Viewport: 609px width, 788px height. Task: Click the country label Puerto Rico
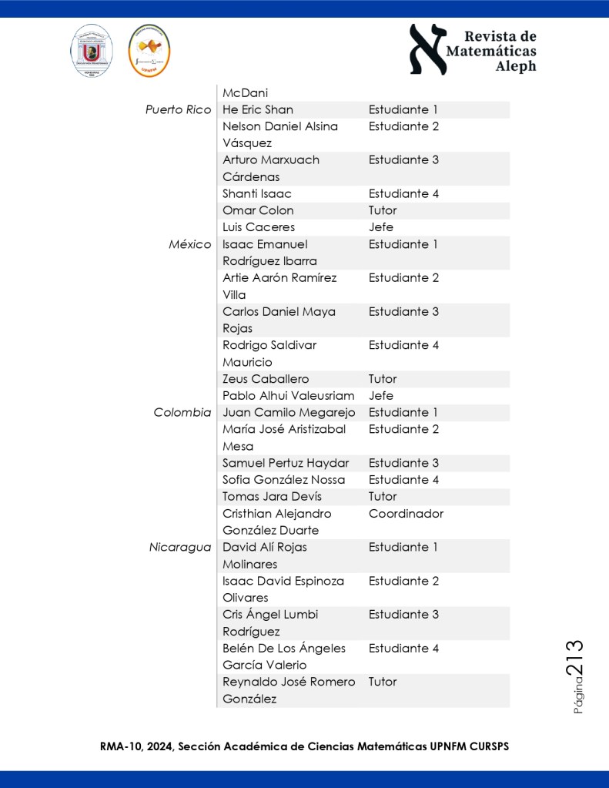coord(178,109)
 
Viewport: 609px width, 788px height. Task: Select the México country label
coord(189,244)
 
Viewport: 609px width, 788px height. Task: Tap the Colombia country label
coord(182,413)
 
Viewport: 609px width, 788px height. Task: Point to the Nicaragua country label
coord(180,548)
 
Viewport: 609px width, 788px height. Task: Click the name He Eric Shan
coord(257,109)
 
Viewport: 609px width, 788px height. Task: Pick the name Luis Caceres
coord(259,227)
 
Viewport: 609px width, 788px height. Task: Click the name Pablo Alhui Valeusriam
coord(289,396)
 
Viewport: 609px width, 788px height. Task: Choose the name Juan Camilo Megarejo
coord(287,413)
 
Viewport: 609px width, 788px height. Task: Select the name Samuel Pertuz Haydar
coord(286,463)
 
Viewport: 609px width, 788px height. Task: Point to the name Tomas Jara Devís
coord(272,497)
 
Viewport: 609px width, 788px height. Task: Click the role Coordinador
coord(406,514)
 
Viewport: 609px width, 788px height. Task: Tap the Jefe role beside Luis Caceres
coord(380,227)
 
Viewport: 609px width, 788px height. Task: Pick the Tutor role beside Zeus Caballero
coord(383,379)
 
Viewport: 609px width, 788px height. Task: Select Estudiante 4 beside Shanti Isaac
coord(403,193)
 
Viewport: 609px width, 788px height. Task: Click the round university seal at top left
coord(92,51)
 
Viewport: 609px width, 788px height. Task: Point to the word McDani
coord(245,92)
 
